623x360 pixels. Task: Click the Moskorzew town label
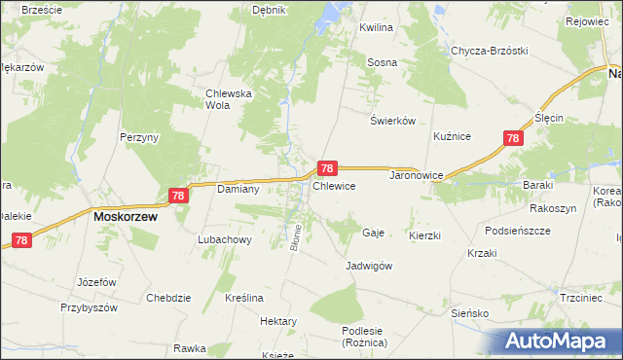pos(126,218)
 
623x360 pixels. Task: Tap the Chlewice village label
pos(334,185)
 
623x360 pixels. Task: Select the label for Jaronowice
pos(417,176)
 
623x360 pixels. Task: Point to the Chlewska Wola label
pos(229,99)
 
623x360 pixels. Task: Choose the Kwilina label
pos(376,28)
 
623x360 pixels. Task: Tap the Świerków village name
pos(393,121)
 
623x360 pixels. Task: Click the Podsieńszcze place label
pos(518,230)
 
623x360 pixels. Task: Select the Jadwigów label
pos(369,266)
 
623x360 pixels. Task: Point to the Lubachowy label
pos(225,239)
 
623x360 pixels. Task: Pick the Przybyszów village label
pos(89,307)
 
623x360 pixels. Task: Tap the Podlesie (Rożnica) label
pos(365,337)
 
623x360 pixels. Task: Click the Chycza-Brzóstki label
pos(489,51)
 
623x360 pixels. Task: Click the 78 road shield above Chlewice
pos(329,168)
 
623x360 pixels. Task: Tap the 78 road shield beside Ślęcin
pos(512,139)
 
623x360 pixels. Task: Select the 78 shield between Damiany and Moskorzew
pos(177,196)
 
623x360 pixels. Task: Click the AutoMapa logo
pos(561,341)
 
